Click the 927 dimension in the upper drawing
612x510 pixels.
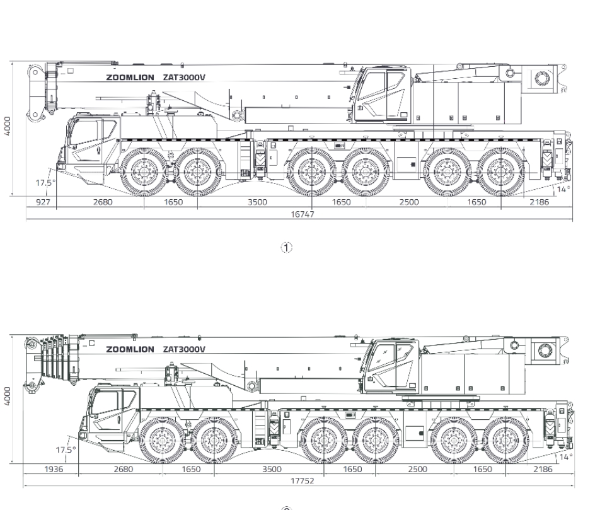click(x=43, y=202)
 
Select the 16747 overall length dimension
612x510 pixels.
click(x=303, y=214)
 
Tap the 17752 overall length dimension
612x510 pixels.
click(x=303, y=481)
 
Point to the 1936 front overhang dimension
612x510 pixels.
click(x=54, y=469)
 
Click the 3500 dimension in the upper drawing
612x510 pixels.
click(x=258, y=202)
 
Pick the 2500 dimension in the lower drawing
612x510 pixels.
click(x=417, y=469)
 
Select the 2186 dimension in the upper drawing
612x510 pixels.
click(x=539, y=202)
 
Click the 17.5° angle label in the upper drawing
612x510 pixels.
click(x=45, y=183)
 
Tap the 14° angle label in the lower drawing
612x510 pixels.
click(x=566, y=457)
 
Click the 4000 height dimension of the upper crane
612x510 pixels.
click(x=8, y=126)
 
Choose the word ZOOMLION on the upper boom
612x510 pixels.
click(x=130, y=78)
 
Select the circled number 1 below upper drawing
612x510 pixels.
click(x=287, y=248)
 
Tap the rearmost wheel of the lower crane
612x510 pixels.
click(x=506, y=441)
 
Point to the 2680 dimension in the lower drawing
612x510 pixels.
click(x=124, y=469)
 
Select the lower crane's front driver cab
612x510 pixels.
click(x=111, y=414)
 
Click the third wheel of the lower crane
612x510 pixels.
click(x=324, y=441)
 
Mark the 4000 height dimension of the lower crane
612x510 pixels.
click(x=8, y=397)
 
